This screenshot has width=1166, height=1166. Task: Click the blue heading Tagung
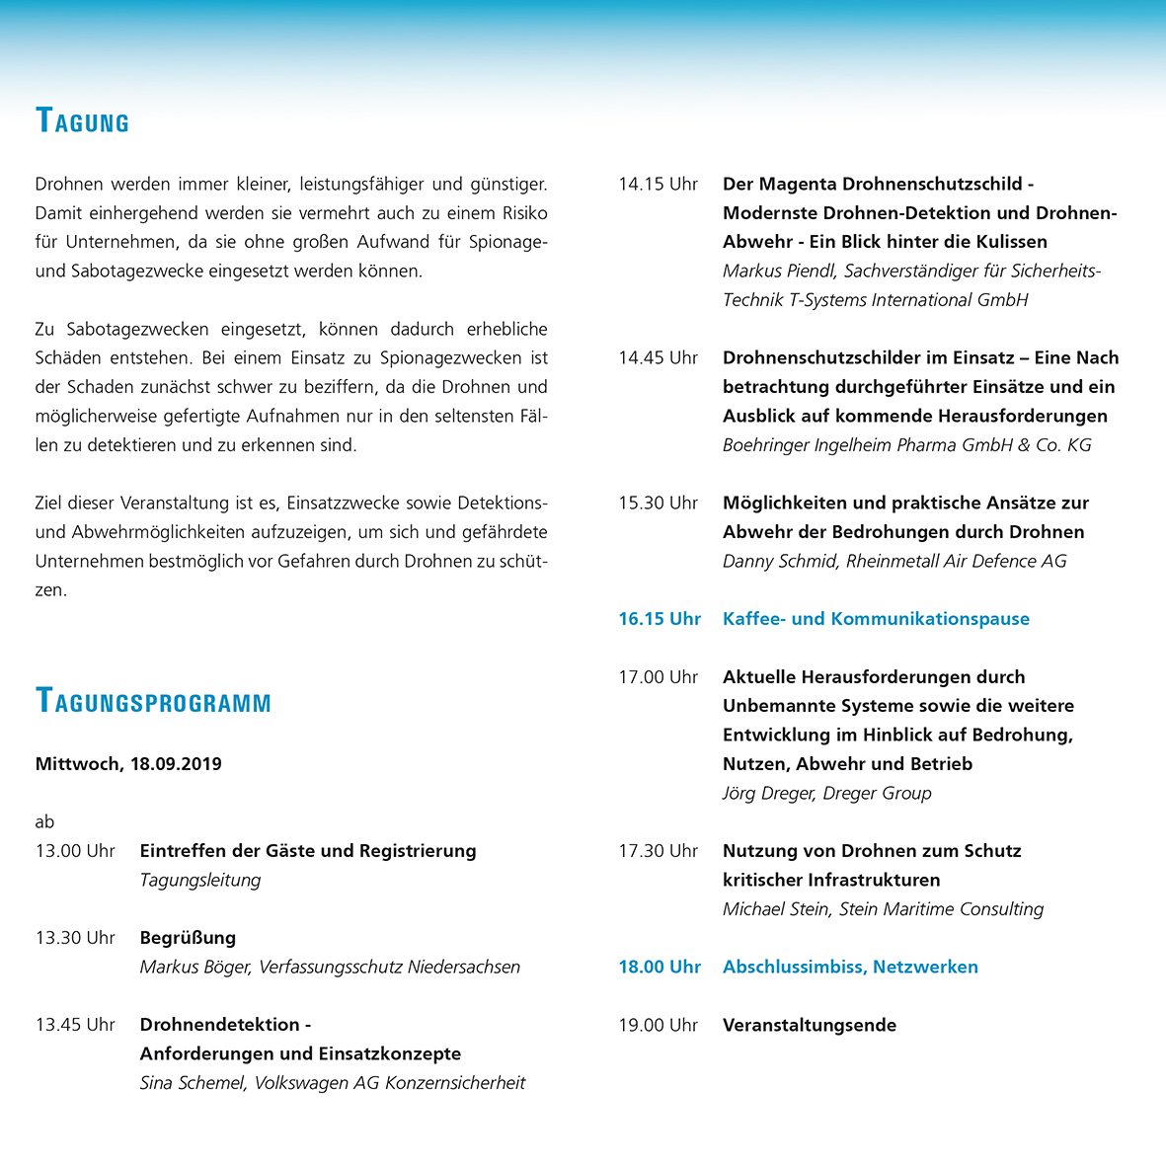point(82,121)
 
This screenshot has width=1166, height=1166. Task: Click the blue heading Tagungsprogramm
point(153,702)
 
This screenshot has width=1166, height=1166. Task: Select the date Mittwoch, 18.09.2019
point(128,763)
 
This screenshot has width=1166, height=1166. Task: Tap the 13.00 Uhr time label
point(75,850)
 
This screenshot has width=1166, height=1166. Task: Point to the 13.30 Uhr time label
point(75,937)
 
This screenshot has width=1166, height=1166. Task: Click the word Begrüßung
point(188,937)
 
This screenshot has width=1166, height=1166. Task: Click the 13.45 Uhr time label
point(75,1024)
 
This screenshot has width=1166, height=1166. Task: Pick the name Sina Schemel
point(192,1082)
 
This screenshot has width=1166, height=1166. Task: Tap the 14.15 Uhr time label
point(658,184)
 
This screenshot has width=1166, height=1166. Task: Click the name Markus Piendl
point(778,271)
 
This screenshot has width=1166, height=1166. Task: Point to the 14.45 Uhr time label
point(658,357)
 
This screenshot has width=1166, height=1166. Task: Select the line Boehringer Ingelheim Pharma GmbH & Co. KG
point(906,444)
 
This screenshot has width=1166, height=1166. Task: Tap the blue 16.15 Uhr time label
point(660,619)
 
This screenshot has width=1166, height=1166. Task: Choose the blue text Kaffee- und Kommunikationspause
point(876,619)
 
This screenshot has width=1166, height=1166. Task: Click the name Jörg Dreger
point(769,793)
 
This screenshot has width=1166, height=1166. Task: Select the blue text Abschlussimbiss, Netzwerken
point(850,967)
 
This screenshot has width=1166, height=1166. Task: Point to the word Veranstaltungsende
point(809,1025)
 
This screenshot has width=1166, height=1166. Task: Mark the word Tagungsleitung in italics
point(200,880)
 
